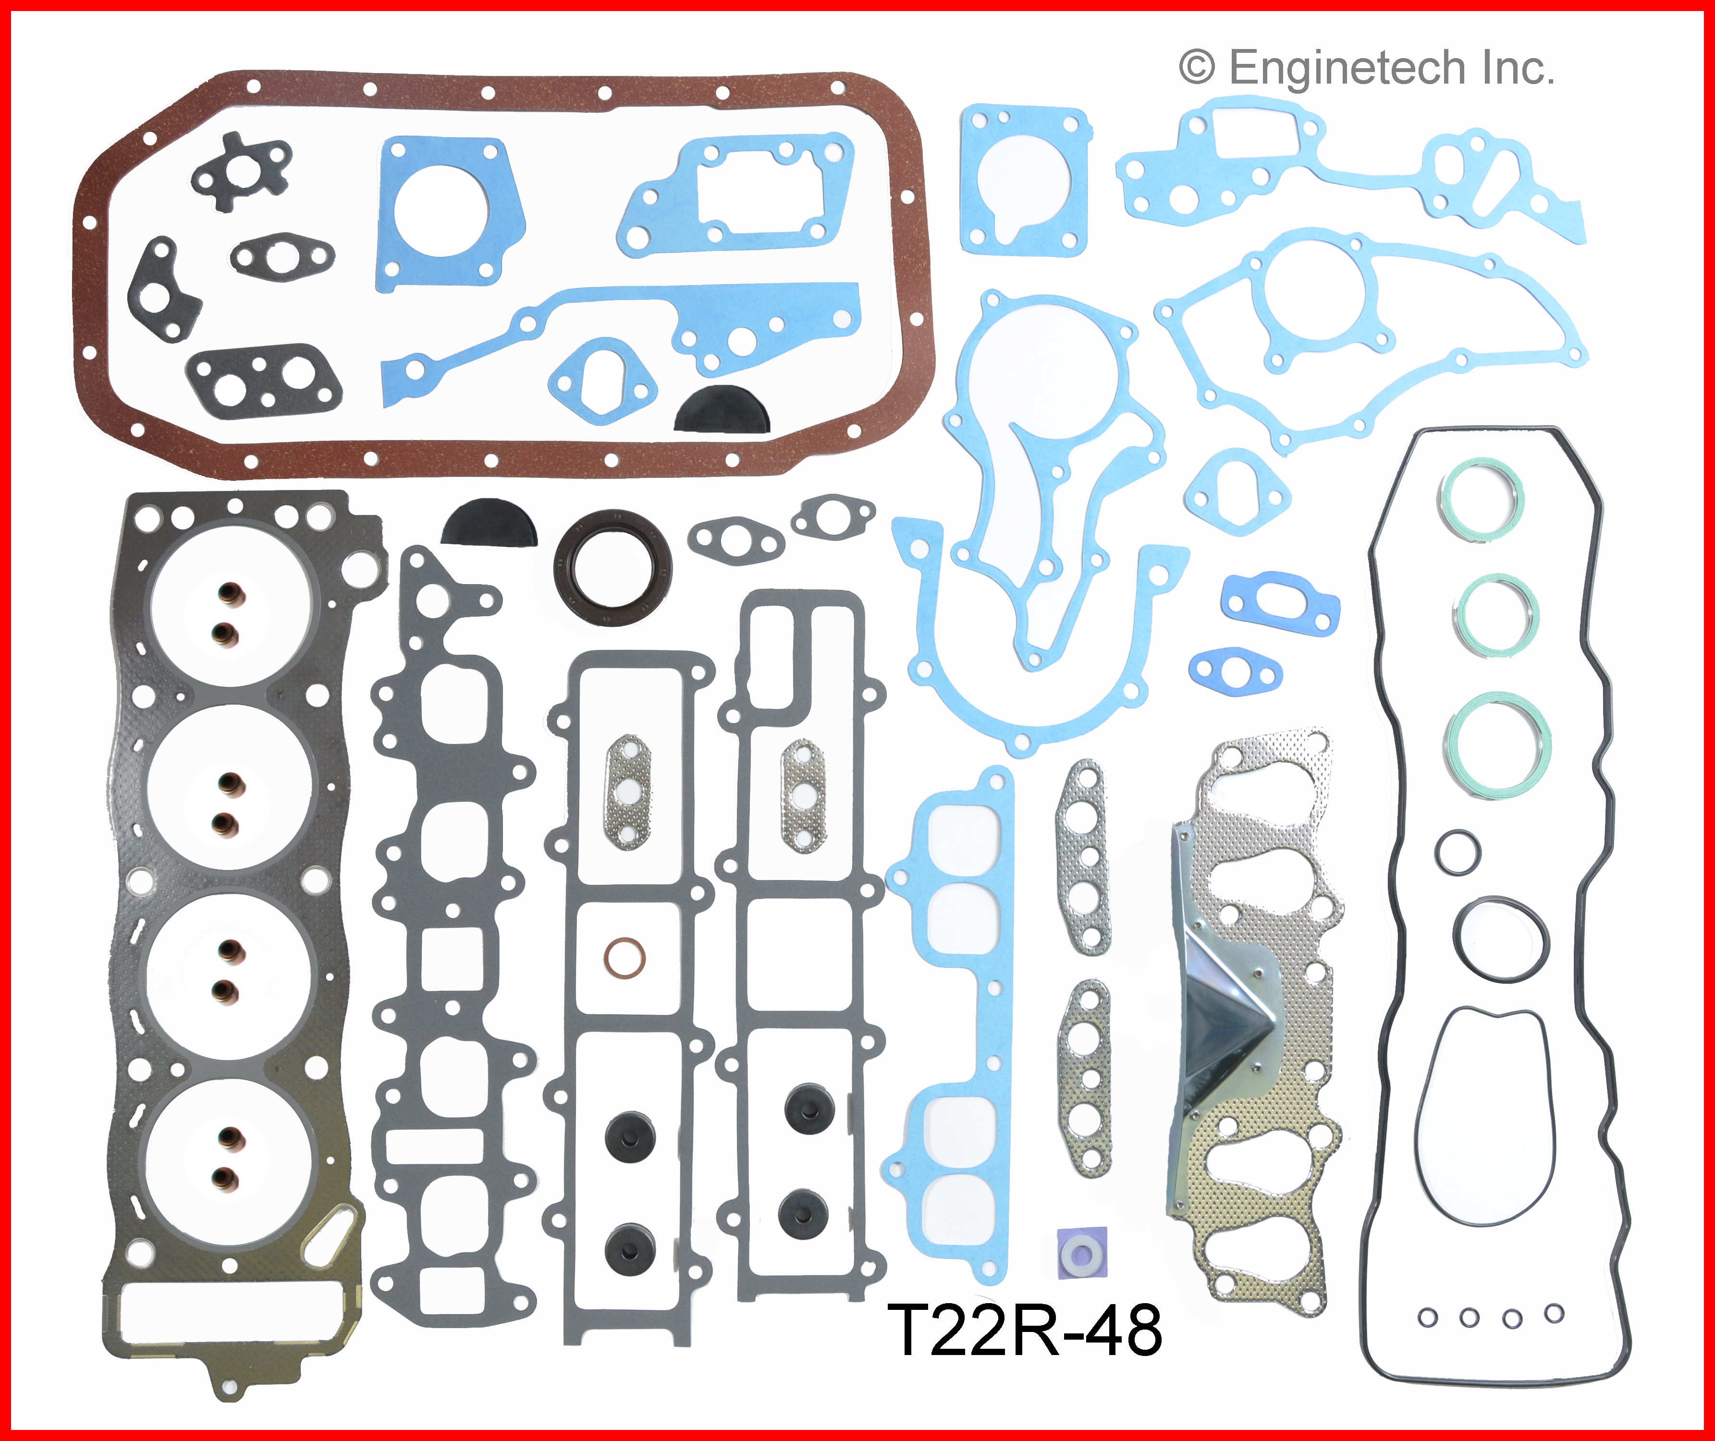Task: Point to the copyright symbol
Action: click(1197, 68)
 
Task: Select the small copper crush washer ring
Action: click(625, 956)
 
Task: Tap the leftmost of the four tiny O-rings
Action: click(1427, 1318)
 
